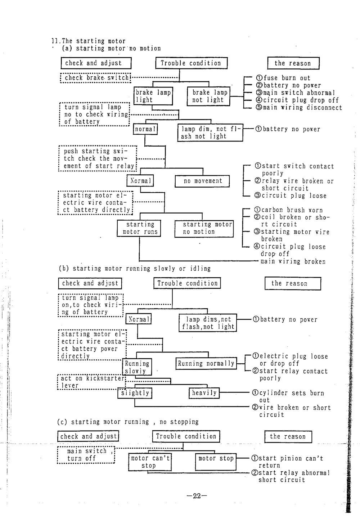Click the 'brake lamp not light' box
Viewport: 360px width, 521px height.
tap(208, 96)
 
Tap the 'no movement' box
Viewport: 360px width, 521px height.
tap(203, 181)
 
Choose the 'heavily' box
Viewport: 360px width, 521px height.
tap(204, 393)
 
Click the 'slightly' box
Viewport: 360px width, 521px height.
tap(135, 393)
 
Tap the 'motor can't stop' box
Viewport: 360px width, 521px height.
tap(149, 462)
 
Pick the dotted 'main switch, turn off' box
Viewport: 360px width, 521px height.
tap(86, 455)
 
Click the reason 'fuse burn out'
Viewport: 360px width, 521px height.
tap(283, 78)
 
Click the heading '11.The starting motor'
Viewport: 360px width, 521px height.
tap(89, 41)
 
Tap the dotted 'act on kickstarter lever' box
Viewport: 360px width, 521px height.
tap(91, 382)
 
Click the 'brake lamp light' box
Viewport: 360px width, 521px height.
tap(153, 96)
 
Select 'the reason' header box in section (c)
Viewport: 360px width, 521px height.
tap(288, 436)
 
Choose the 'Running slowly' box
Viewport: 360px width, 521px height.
tap(137, 367)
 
